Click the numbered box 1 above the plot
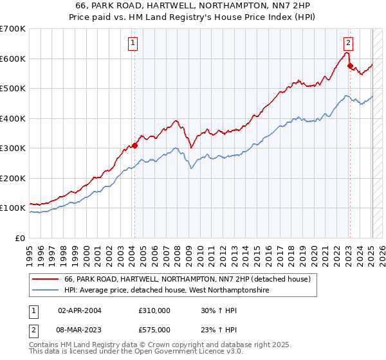[132, 44]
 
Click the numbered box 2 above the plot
[348, 44]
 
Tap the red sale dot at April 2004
[135, 145]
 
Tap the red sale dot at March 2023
[350, 66]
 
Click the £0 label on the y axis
[20, 238]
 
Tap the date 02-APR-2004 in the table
[80, 310]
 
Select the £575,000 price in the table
[154, 330]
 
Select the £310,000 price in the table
[154, 310]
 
